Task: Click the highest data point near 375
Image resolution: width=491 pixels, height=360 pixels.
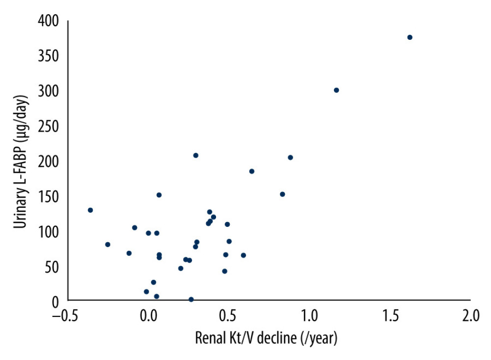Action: tap(410, 37)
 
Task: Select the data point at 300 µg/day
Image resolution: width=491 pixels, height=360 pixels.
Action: tap(336, 90)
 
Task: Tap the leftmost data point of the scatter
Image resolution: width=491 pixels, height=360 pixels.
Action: tap(90, 210)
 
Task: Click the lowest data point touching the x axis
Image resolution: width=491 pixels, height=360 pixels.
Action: tap(191, 299)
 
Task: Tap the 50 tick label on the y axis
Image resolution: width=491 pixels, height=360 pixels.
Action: tap(52, 266)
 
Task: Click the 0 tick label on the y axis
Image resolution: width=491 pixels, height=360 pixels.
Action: tap(55, 301)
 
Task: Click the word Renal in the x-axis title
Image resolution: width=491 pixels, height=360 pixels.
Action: tap(210, 338)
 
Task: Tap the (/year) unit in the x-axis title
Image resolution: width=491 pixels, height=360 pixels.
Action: tap(320, 338)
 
